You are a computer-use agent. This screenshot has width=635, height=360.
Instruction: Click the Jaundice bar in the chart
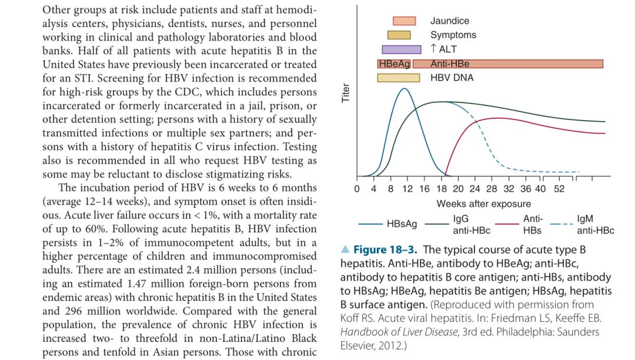click(404, 21)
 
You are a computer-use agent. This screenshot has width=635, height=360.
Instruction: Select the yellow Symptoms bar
click(399, 35)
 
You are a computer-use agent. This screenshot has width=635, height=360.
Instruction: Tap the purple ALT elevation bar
click(402, 49)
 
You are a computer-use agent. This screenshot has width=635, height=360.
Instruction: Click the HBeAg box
click(394, 64)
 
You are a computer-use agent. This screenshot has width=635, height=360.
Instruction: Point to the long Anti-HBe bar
click(508, 64)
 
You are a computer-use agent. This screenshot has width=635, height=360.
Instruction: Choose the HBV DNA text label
click(452, 78)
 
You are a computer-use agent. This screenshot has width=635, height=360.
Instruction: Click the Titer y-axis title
click(346, 92)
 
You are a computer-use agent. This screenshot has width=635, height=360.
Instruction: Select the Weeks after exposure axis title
click(483, 204)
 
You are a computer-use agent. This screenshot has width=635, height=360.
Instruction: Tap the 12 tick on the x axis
click(407, 189)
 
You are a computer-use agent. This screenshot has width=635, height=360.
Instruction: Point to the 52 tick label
click(559, 189)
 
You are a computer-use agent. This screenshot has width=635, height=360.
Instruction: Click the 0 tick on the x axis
click(357, 189)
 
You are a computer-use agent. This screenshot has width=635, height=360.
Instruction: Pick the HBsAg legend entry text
click(402, 224)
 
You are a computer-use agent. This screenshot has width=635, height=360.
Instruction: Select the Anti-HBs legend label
click(533, 224)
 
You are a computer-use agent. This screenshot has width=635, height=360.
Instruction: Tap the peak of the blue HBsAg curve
click(404, 89)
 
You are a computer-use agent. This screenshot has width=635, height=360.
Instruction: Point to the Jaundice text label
click(450, 21)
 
